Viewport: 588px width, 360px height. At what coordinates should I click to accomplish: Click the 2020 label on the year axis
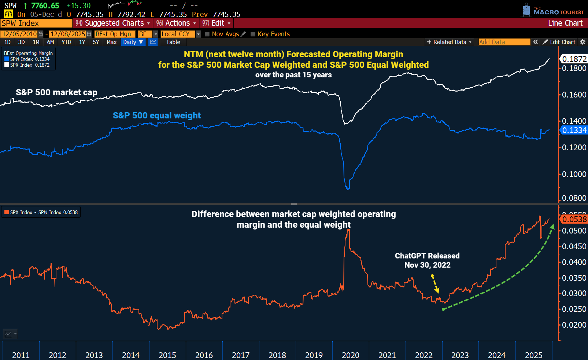tap(351, 355)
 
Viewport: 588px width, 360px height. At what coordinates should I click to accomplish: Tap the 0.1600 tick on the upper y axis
tap(574, 95)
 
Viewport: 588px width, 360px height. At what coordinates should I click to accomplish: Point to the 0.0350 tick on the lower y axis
tap(574, 278)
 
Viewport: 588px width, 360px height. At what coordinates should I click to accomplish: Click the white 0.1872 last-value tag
tap(574, 59)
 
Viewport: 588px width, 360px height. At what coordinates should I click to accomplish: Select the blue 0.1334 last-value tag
tap(574, 130)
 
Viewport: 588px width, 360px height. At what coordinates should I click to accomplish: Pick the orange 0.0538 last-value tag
tap(574, 219)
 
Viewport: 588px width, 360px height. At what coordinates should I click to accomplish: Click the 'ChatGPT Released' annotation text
tap(427, 256)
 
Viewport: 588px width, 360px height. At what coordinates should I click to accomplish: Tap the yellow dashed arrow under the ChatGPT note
tap(435, 284)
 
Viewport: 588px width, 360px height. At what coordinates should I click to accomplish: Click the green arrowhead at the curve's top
tap(552, 227)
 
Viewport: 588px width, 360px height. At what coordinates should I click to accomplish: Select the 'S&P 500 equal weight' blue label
tap(157, 115)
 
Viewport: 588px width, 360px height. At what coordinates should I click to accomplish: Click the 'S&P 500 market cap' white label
tap(56, 92)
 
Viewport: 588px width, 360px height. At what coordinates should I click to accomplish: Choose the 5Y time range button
tap(96, 42)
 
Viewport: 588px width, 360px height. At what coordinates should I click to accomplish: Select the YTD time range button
tap(66, 42)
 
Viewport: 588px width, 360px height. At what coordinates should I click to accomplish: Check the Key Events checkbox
tap(253, 34)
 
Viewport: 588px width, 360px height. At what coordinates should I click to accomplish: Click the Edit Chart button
tap(559, 42)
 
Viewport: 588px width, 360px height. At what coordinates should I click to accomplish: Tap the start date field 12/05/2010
tap(19, 34)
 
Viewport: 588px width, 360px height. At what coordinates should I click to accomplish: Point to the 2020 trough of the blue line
tap(348, 189)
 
